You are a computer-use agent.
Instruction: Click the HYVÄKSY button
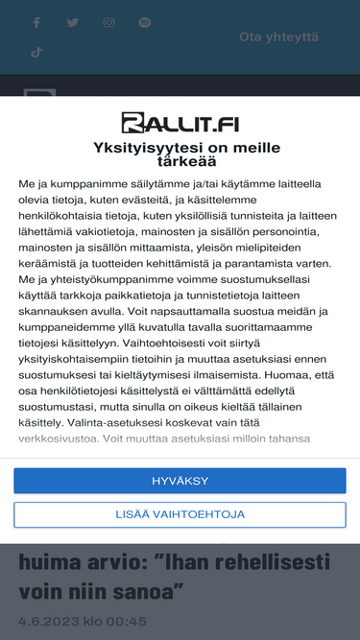click(180, 481)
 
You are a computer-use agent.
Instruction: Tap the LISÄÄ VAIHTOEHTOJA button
click(180, 514)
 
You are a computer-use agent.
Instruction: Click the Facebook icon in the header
click(36, 22)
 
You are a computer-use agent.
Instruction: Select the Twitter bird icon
click(73, 22)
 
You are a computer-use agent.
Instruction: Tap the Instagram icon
click(108, 22)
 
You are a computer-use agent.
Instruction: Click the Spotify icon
click(145, 22)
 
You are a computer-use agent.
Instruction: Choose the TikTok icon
click(36, 53)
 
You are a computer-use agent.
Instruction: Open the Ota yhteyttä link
click(278, 37)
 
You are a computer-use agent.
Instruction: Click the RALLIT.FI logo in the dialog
click(180, 122)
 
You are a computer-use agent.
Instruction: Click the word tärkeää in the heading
click(180, 163)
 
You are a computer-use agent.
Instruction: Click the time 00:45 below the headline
click(129, 621)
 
